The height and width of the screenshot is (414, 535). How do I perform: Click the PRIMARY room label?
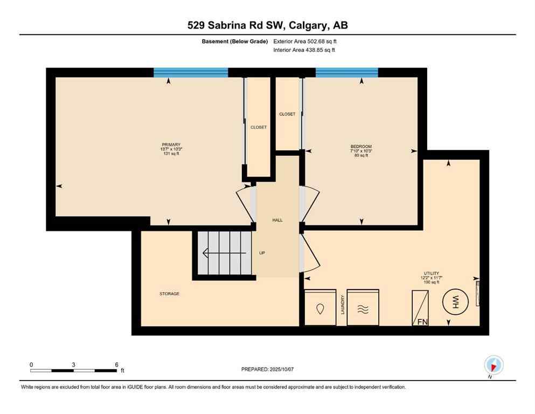click(x=171, y=144)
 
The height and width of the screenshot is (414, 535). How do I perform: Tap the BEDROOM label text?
click(x=361, y=147)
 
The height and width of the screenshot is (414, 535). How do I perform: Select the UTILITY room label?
click(x=430, y=274)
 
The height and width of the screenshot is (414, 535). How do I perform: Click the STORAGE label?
click(x=169, y=294)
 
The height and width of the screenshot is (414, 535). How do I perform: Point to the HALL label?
click(x=277, y=220)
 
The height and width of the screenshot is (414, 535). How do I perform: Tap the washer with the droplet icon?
click(x=321, y=308)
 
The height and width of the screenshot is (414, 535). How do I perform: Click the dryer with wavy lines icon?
click(x=363, y=308)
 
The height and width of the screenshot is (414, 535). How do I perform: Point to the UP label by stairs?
click(x=262, y=253)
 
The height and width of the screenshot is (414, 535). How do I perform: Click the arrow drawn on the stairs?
click(x=224, y=253)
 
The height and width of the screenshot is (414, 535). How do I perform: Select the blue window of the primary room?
click(x=191, y=73)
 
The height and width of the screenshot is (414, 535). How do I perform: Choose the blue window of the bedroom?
click(x=346, y=73)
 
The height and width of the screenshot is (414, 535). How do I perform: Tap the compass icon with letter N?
click(x=494, y=365)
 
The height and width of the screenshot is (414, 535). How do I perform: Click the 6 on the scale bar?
click(x=116, y=364)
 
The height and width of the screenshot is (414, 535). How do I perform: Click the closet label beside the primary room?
click(x=259, y=127)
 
